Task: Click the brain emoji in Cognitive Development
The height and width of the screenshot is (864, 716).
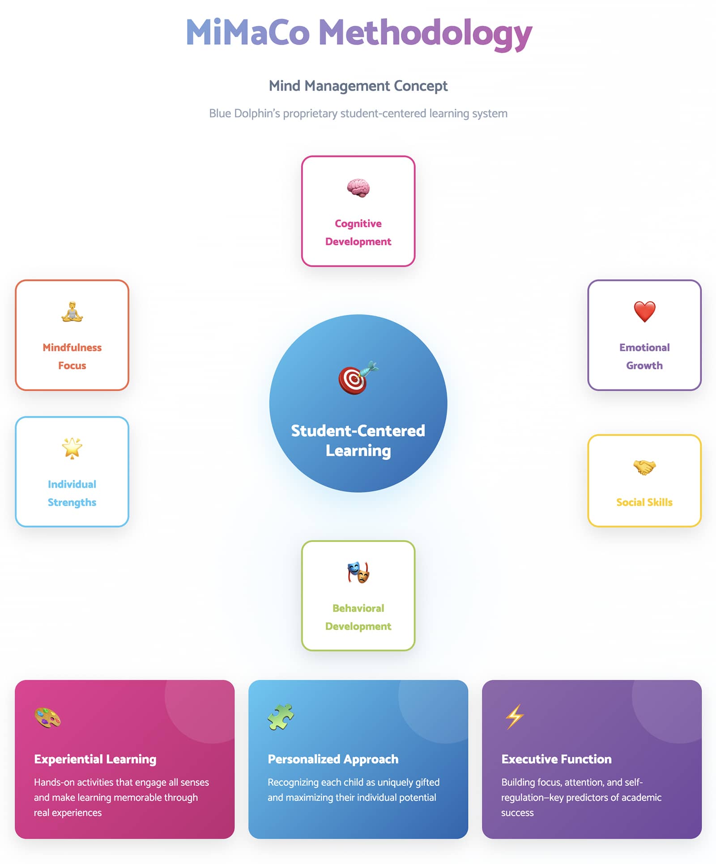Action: pos(358,188)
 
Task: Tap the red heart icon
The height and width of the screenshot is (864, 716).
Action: pos(644,311)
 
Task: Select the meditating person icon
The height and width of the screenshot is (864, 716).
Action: pos(72,312)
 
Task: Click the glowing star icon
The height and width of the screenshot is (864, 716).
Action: pos(72,448)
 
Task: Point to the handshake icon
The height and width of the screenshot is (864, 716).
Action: pos(644,467)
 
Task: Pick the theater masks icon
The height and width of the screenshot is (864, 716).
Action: pos(358,572)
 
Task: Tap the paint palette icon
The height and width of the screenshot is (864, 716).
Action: pos(47,718)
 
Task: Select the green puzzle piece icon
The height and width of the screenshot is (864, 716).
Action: pos(281,717)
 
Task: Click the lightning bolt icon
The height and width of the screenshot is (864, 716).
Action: pos(515,716)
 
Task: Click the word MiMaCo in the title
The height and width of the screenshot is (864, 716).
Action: pos(247,33)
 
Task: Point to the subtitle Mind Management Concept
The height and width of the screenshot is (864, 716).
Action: pos(358,85)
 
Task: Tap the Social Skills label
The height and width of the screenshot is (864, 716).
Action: pos(644,502)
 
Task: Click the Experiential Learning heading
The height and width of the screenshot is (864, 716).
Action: pos(95,759)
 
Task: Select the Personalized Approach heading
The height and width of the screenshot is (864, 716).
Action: pos(333,759)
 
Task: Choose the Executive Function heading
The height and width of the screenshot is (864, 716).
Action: pos(556,759)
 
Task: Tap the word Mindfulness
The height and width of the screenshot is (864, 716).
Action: pos(72,347)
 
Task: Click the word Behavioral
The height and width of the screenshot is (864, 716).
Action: pos(358,608)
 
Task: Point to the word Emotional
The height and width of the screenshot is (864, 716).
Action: pos(644,347)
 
